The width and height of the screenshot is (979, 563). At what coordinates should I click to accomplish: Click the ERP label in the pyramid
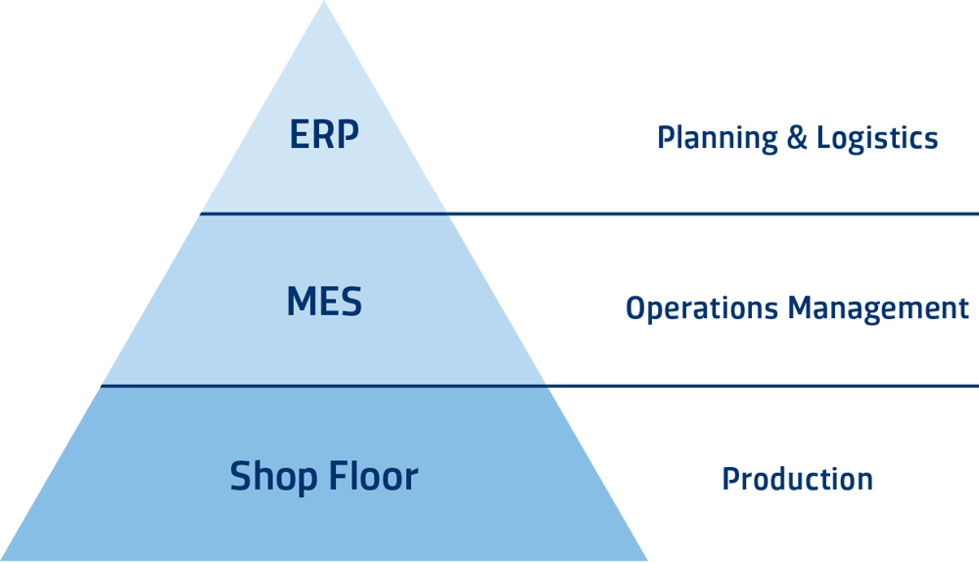point(324,135)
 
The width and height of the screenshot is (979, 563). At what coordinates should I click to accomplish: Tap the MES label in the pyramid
point(324,302)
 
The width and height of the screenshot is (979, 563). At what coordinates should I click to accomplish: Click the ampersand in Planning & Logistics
point(799,138)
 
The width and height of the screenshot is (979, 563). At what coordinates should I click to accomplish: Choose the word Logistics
point(878,138)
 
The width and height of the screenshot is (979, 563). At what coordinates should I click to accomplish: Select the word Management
point(880,309)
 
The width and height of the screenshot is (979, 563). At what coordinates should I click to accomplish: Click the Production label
point(797,479)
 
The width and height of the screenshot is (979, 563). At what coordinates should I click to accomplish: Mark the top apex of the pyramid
point(324,2)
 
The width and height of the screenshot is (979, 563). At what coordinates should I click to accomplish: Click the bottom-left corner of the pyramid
point(3,560)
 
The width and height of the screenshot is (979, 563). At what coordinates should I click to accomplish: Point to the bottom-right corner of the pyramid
point(646,560)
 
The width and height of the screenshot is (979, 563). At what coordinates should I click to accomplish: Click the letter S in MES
point(350,302)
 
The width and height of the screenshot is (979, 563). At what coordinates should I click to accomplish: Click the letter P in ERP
point(349,135)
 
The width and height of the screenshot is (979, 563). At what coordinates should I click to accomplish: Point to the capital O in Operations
point(634,309)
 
